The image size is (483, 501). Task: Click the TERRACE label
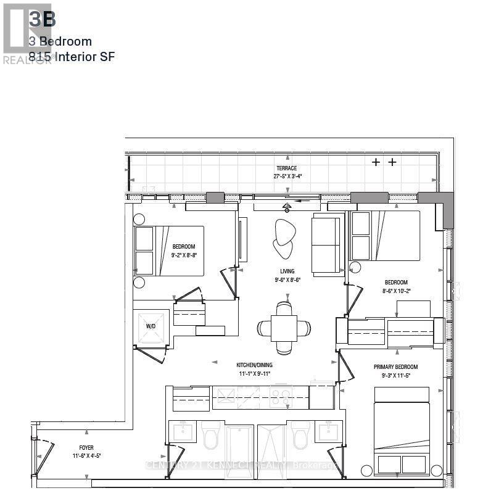point(286,168)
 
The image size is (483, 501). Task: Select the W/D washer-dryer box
point(151,326)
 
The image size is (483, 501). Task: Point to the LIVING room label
point(287,271)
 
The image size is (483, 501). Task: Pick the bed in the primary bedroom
point(402,432)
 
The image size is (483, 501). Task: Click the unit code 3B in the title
point(43,20)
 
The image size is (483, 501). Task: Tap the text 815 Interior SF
point(72,57)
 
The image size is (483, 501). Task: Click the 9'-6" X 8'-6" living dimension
point(287,279)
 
